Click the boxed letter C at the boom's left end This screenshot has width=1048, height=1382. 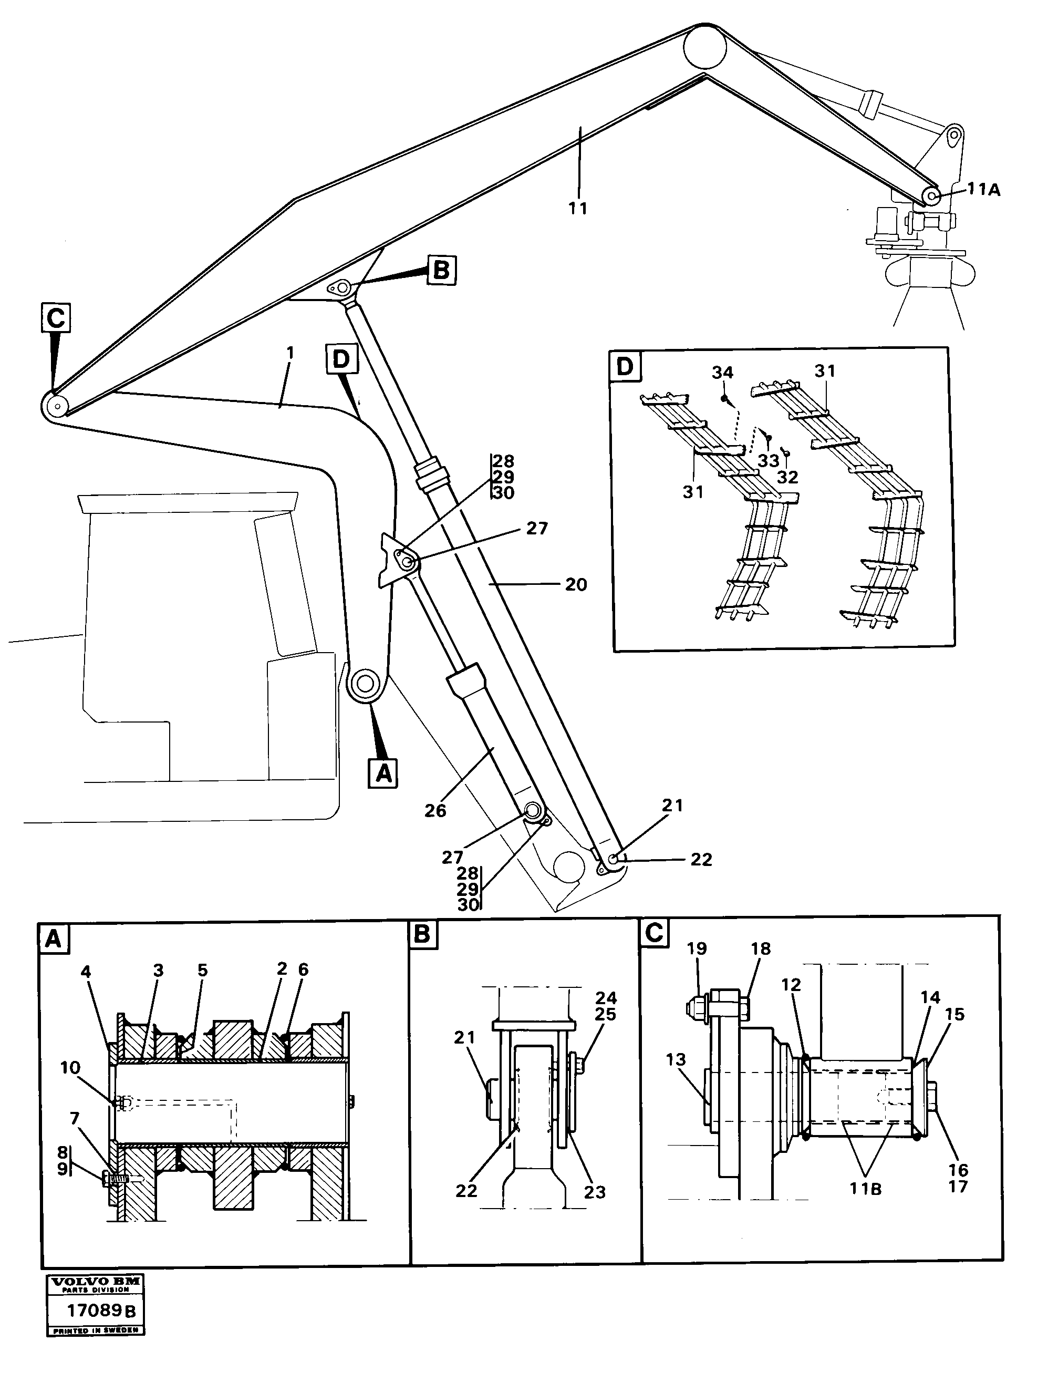56,318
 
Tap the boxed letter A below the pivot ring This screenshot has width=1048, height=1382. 383,773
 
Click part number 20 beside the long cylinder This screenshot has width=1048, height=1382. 575,585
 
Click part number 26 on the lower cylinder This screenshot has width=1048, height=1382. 435,810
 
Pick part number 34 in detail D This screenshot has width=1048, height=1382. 723,373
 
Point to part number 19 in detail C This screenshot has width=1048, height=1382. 697,966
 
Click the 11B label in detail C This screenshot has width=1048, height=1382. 866,1188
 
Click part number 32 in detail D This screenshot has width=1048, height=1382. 787,477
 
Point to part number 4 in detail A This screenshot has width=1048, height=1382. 86,989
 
